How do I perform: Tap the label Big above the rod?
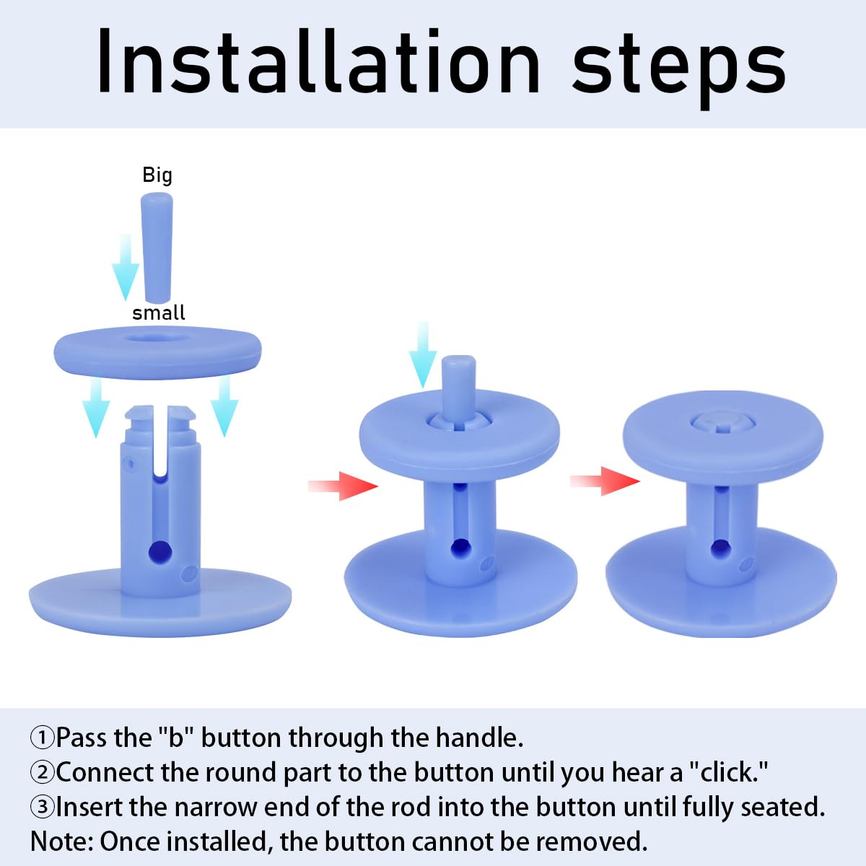157,175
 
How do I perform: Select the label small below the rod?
159,312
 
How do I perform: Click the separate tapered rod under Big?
157,248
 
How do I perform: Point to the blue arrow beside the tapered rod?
126,268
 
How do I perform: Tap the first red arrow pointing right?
343,486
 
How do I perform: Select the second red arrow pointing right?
605,481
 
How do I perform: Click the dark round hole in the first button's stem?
160,551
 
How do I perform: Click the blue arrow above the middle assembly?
423,355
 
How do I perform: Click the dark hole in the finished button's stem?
720,549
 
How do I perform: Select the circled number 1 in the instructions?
43,738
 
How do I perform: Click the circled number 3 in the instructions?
43,807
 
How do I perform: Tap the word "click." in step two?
727,772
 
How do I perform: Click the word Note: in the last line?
61,841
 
